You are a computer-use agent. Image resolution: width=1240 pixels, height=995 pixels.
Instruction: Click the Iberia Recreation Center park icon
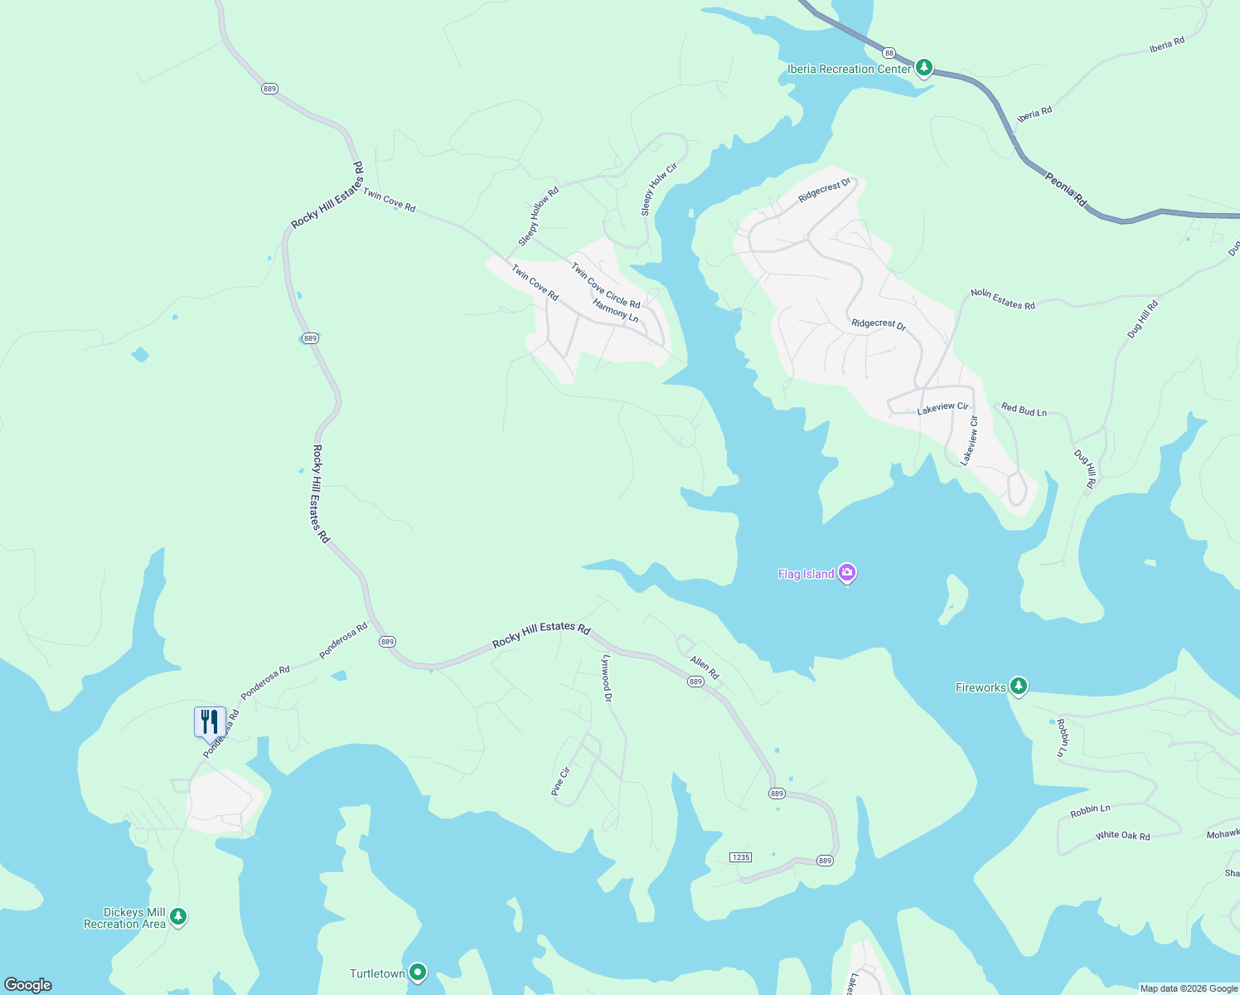924,68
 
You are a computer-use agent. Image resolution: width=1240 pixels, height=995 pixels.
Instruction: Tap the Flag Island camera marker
846,572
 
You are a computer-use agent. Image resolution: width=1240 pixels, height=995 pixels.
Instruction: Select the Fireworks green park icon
1019,687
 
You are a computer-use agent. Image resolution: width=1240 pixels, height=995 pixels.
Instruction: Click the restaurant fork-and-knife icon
210,721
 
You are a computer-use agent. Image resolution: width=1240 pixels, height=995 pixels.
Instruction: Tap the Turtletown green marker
418,972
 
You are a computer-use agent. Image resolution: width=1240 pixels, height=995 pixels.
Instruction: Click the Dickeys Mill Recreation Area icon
178,917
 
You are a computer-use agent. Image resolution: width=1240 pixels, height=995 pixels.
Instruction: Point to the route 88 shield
889,52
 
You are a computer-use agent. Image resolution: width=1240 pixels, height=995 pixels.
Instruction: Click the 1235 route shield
740,857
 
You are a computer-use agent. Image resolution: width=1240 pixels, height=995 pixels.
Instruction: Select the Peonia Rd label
1065,190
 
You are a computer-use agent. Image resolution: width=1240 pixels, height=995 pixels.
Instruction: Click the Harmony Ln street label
616,311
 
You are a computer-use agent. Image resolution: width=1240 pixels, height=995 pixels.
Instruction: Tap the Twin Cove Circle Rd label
605,285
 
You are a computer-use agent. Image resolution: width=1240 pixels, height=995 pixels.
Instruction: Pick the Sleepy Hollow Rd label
539,216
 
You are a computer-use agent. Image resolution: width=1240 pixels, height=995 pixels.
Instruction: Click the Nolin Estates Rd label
1003,299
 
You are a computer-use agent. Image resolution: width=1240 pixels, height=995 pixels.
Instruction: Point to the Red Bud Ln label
1024,410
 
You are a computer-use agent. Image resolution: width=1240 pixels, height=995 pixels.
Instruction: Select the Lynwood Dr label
607,677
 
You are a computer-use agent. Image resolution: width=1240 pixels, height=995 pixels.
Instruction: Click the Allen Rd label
705,667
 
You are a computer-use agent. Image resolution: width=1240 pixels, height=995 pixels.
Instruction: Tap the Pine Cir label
561,782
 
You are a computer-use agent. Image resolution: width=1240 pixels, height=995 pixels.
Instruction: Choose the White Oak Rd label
1122,836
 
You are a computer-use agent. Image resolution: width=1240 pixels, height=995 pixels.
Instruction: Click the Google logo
27,985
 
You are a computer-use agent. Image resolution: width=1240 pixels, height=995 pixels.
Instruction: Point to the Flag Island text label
806,574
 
